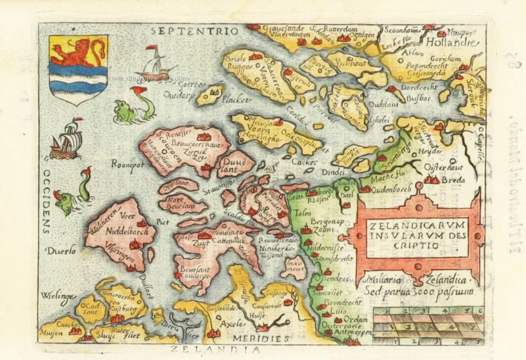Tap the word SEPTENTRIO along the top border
[195, 31]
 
